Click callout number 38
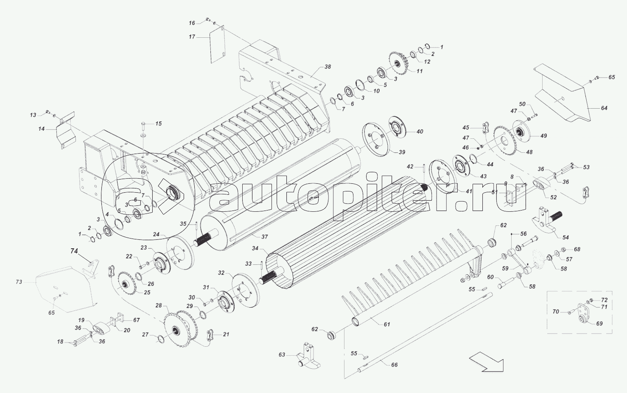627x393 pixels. [x=327, y=67]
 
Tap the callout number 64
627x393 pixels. [x=604, y=108]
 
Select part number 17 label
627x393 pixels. [x=192, y=37]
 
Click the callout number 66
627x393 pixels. [x=394, y=365]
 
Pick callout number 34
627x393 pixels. [x=255, y=248]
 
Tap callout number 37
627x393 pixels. [x=264, y=236]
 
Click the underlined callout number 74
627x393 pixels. [x=74, y=251]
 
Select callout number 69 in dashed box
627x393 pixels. [x=599, y=323]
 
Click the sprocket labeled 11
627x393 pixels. [x=399, y=64]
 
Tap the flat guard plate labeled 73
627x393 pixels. [x=66, y=289]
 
